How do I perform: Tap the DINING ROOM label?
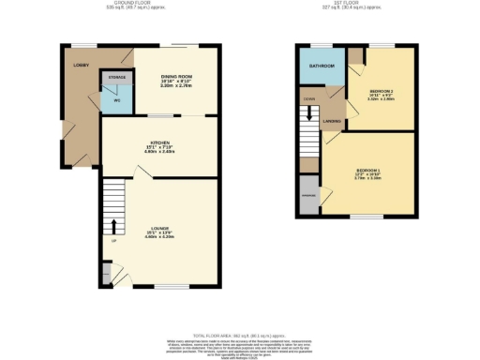176,76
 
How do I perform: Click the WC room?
116,98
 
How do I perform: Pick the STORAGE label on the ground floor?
117,77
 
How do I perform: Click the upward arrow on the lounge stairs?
114,226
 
